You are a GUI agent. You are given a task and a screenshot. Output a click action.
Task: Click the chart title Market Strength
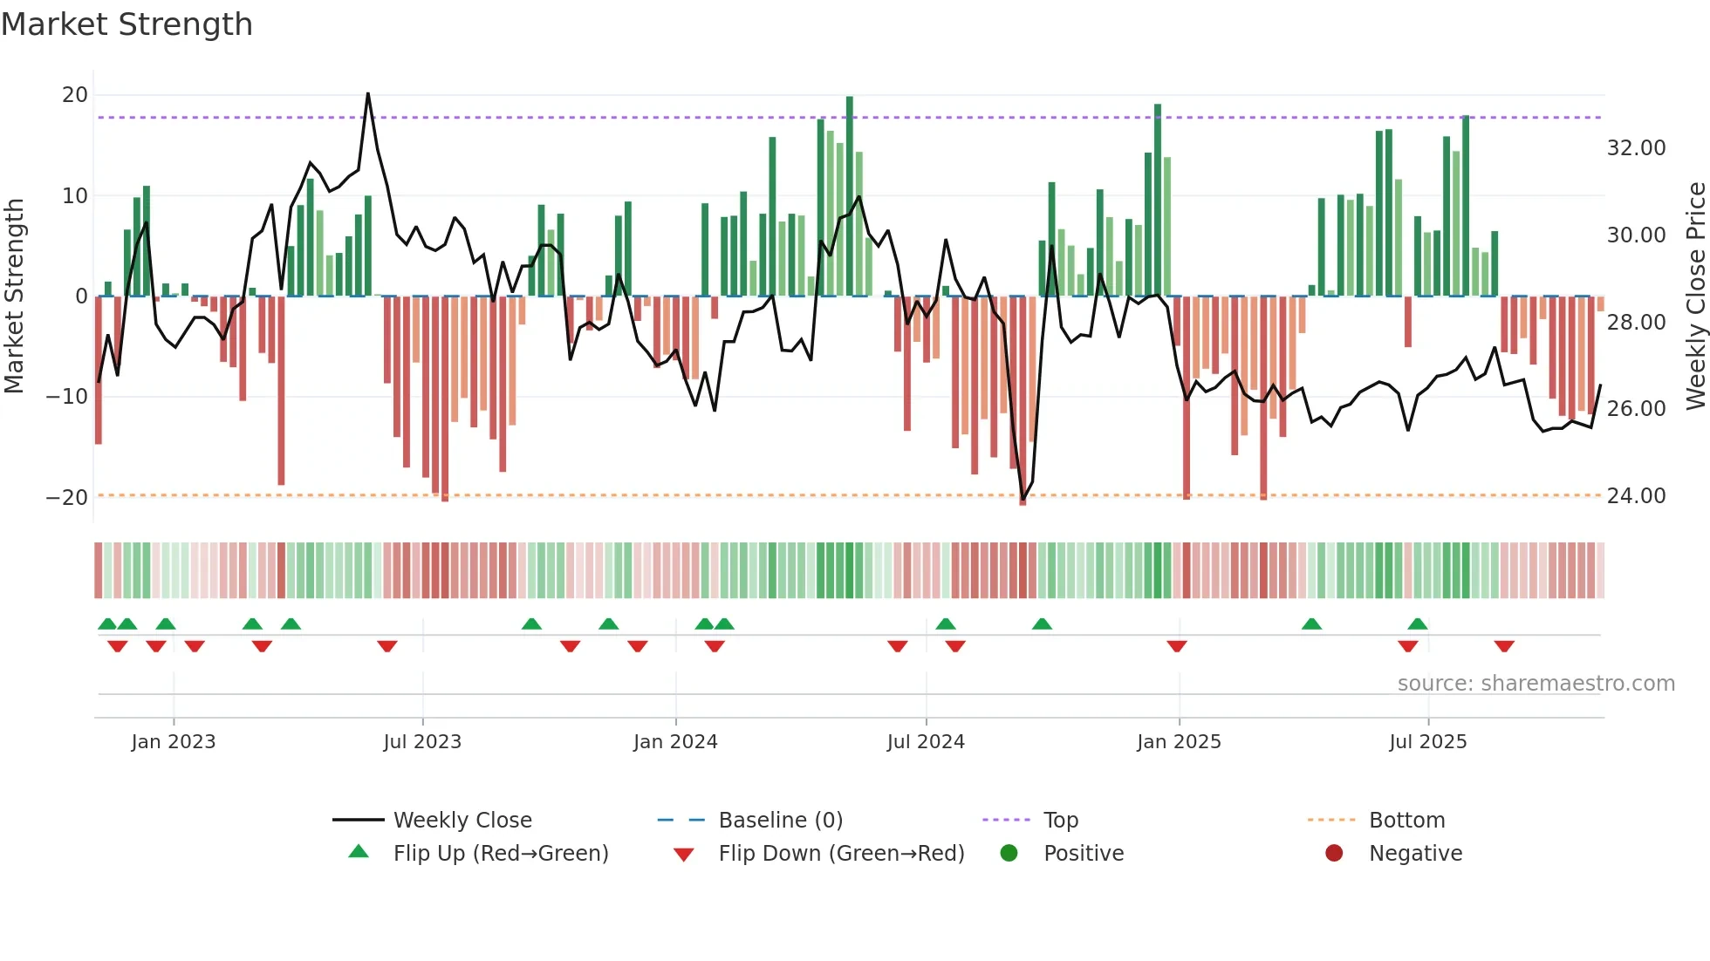click(127, 24)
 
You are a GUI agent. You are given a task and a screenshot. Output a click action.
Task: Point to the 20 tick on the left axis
click(75, 95)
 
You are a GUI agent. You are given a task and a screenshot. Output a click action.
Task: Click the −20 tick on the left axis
click(67, 497)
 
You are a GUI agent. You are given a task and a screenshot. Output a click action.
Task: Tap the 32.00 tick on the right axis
click(1636, 148)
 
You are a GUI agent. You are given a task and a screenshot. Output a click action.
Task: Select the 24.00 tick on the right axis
click(1636, 496)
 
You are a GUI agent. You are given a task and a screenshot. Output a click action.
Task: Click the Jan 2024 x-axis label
click(675, 742)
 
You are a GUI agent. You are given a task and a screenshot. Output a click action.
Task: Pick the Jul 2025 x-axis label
click(1427, 742)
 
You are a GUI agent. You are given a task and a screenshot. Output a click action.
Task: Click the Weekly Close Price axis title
click(1695, 296)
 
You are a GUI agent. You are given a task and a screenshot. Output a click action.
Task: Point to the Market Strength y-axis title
click(15, 296)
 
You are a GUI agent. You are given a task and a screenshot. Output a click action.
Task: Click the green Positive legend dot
click(1009, 854)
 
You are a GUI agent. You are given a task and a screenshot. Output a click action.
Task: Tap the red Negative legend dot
click(1334, 854)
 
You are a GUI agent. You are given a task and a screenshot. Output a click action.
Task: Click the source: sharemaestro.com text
click(1536, 684)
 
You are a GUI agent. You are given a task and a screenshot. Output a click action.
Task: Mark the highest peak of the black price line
click(368, 93)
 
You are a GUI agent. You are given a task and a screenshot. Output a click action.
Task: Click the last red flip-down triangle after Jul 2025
click(1504, 646)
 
